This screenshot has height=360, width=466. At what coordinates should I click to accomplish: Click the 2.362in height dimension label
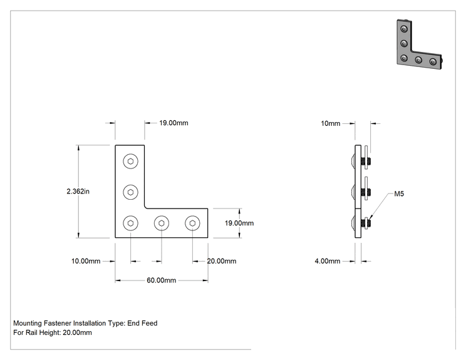pos(78,192)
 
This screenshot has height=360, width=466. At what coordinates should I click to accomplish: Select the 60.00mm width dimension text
pos(162,280)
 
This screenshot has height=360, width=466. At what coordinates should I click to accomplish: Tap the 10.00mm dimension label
pos(86,261)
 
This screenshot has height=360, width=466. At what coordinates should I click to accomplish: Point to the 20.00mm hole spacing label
pos(222,261)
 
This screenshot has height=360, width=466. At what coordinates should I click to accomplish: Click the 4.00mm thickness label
pos(328,261)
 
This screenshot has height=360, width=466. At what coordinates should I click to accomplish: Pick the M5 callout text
pos(399,194)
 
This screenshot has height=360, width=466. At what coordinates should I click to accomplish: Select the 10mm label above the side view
pos(331,123)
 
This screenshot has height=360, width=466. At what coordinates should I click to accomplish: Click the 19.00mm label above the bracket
pos(173,123)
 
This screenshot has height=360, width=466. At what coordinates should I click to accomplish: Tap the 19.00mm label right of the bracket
pos(239,223)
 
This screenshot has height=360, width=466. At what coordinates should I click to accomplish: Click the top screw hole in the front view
pos(130,162)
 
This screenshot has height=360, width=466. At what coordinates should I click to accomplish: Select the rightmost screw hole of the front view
pos(192,223)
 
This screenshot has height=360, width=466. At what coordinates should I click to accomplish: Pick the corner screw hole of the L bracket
pos(130,223)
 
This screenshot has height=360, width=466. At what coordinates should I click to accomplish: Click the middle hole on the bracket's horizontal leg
pos(162,223)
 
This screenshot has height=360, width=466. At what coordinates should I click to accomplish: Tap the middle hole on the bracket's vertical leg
pos(130,192)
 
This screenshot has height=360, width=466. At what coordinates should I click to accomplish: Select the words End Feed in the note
pos(142,323)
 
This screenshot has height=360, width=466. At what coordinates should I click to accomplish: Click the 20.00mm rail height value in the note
pos(77,332)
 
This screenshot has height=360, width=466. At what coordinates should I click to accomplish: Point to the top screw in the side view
pos(361,162)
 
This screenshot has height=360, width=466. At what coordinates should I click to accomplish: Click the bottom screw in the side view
pos(361,223)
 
